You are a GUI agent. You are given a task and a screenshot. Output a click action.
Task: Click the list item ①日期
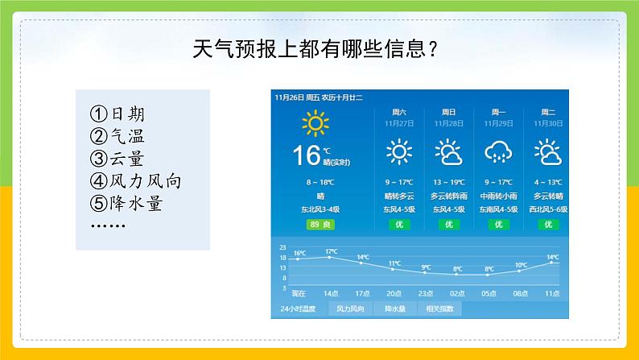coord(121,113)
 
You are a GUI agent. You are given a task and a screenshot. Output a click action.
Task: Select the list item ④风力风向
coord(135,181)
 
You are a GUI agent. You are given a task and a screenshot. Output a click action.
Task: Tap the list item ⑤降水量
coord(127,204)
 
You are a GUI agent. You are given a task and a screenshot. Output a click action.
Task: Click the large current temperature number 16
coord(306,155)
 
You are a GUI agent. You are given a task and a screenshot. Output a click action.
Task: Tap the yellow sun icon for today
coord(315,123)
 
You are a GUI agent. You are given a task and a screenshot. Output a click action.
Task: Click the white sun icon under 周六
coord(398,151)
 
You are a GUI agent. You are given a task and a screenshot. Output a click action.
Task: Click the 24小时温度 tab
coord(298,308)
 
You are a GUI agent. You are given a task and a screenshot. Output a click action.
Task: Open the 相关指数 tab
coord(440,308)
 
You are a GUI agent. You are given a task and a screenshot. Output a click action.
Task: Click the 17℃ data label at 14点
coord(331,252)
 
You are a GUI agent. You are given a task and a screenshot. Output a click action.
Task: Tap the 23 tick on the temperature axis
coord(282,248)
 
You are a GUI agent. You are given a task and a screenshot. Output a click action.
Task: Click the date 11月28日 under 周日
coord(448,123)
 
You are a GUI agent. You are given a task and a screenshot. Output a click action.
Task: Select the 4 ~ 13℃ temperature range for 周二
coord(549,182)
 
